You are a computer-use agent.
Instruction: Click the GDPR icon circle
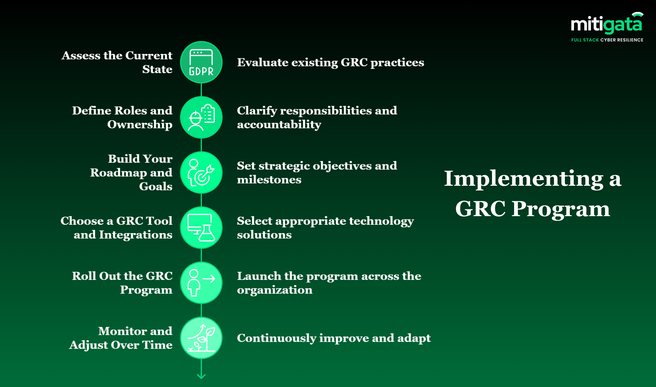201,62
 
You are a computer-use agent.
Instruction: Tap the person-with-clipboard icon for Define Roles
201,117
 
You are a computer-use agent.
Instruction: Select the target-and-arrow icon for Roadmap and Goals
201,173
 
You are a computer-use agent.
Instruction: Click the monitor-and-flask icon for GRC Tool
201,228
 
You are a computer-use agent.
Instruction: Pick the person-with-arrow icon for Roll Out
201,283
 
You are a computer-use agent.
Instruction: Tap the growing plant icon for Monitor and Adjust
201,338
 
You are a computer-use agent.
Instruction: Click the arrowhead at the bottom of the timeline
201,376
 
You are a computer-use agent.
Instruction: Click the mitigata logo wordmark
606,24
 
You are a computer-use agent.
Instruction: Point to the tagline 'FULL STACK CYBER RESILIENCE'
607,40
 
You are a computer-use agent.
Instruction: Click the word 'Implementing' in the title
524,179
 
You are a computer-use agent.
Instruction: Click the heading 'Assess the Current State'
117,62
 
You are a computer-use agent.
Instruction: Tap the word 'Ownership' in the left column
140,124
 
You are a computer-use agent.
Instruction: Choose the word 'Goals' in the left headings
156,186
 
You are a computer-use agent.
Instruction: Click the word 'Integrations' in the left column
135,235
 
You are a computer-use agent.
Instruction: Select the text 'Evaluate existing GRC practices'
330,63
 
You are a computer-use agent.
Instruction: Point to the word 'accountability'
279,124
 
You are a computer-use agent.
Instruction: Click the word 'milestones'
269,180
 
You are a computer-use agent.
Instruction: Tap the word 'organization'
275,290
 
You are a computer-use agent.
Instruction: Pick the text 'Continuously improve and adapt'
334,338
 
